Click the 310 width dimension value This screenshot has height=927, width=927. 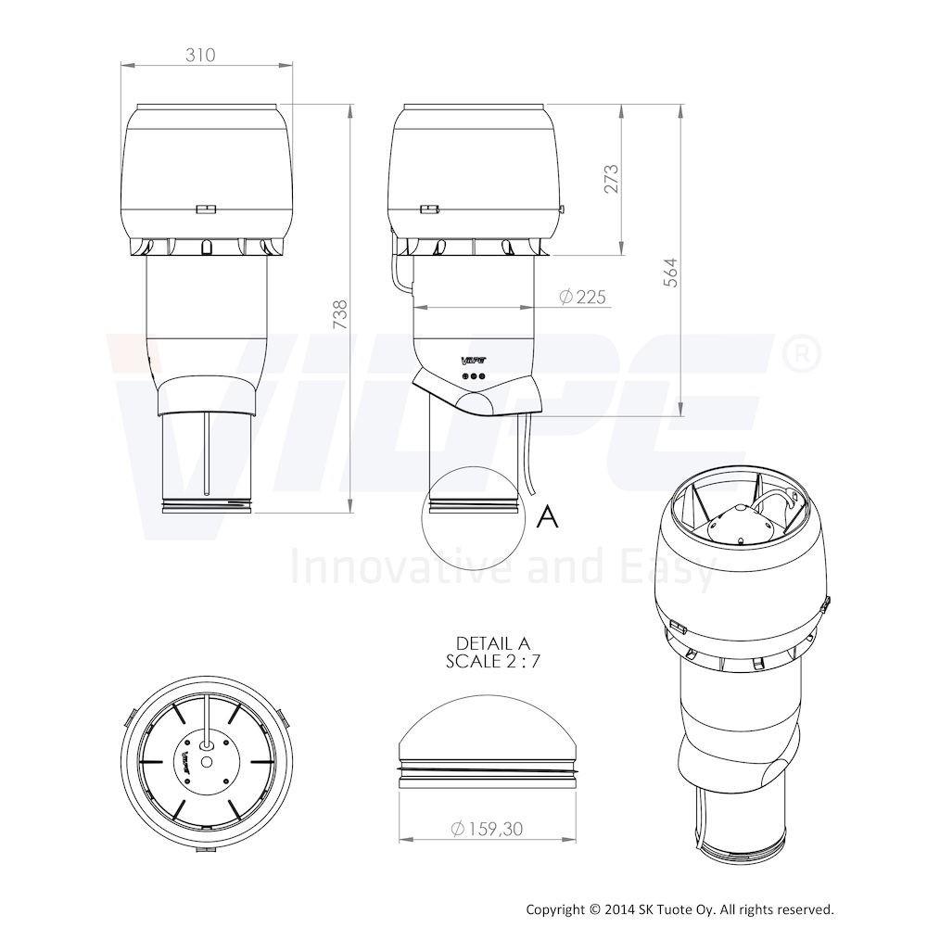pos(200,55)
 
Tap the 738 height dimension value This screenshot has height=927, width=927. pos(339,315)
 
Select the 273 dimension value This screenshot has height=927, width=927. pos(611,179)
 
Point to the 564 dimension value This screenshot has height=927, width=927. pos(670,273)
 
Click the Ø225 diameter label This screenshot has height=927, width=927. pos(582,297)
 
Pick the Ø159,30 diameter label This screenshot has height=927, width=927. pos(487,829)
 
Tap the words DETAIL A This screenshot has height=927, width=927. pos(494,642)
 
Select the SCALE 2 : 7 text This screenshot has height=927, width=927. pos(493,661)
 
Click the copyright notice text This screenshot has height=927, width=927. pos(679,909)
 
